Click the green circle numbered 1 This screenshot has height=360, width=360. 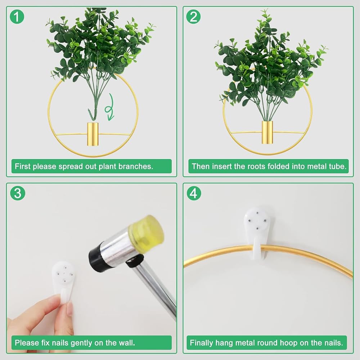(x=17, y=17)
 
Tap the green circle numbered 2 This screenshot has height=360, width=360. (x=193, y=17)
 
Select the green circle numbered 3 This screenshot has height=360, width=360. (x=17, y=193)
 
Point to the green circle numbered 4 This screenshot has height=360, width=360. (x=194, y=193)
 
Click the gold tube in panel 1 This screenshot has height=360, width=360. (x=93, y=134)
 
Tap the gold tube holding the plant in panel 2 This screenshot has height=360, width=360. (x=267, y=132)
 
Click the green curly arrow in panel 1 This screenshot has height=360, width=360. (x=110, y=107)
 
